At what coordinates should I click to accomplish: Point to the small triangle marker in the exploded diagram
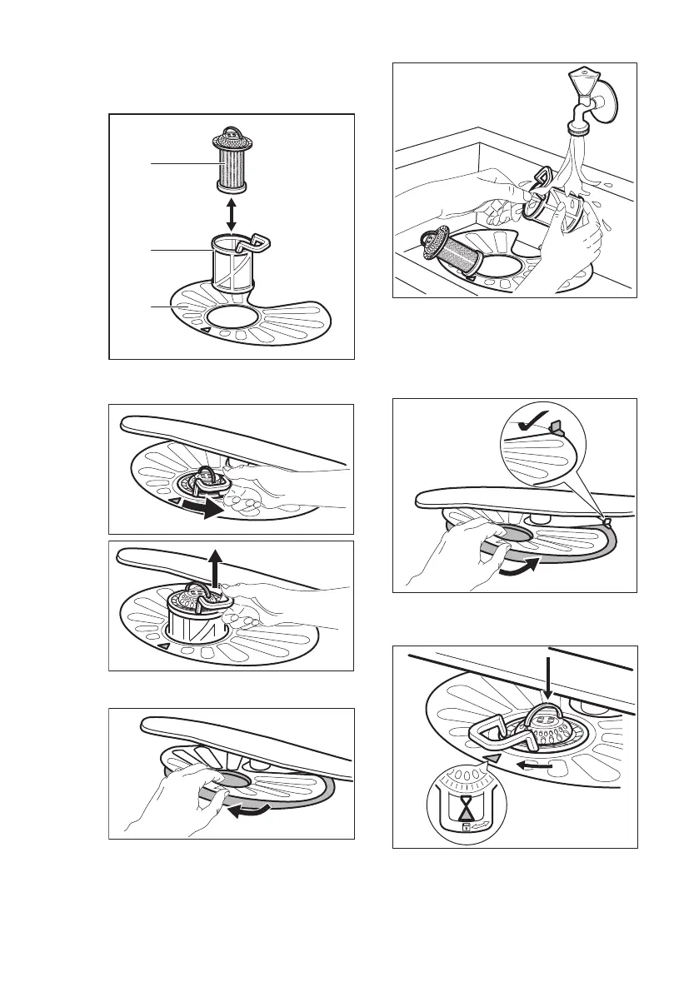click(204, 331)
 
